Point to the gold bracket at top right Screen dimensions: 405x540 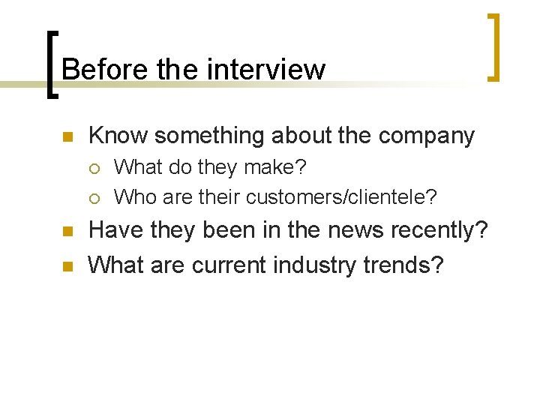(x=494, y=46)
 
